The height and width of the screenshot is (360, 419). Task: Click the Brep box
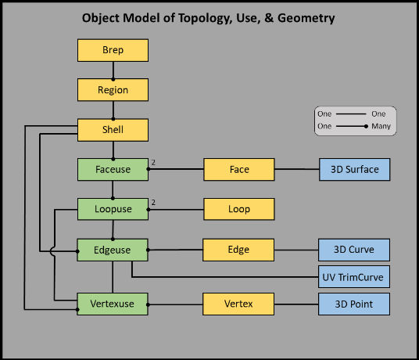[113, 50]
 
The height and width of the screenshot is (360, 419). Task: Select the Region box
[113, 90]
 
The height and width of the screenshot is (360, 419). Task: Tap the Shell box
[113, 130]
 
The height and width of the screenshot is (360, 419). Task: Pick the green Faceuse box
[113, 170]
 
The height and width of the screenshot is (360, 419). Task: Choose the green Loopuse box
[113, 209]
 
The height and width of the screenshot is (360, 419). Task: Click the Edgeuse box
[113, 250]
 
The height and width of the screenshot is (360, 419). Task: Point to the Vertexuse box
[113, 304]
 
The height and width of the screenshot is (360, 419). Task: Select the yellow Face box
[239, 170]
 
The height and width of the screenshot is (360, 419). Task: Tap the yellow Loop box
[239, 209]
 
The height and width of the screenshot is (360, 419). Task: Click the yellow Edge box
[238, 250]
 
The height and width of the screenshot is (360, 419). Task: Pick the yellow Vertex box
[238, 304]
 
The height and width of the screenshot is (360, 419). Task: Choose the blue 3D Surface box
[355, 170]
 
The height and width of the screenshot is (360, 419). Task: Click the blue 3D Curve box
[354, 250]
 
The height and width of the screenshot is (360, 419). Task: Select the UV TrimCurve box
[354, 277]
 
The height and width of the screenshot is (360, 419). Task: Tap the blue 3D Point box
[354, 304]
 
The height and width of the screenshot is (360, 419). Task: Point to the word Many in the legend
[381, 126]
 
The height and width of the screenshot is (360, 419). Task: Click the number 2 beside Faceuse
[153, 162]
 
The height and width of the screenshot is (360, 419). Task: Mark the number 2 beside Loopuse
[153, 203]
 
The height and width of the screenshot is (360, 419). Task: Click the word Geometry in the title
[306, 19]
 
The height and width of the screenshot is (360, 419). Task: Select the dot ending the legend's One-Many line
[366, 126]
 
